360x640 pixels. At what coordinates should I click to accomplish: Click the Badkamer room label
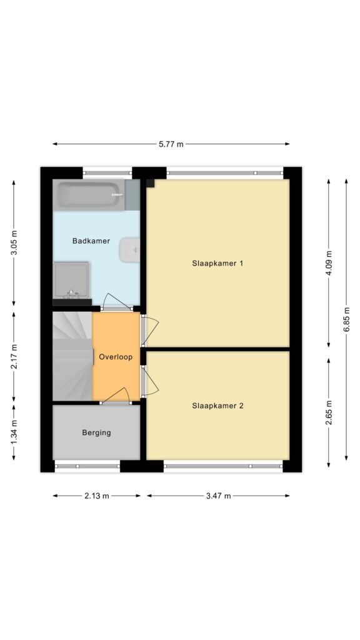[91, 241]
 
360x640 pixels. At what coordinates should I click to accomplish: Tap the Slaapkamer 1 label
[217, 263]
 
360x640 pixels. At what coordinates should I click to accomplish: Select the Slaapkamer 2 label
[217, 406]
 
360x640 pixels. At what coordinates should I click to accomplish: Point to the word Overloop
[116, 357]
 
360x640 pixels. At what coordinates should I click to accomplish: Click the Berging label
[96, 432]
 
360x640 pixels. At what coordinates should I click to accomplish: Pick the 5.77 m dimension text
[171, 144]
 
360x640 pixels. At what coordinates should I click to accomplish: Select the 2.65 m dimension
[329, 412]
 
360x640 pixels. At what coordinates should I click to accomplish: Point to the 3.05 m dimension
[14, 242]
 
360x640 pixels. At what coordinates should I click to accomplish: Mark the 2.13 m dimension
[97, 496]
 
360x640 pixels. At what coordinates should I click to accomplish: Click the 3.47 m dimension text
[218, 496]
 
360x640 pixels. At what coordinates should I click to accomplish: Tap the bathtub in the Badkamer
[89, 195]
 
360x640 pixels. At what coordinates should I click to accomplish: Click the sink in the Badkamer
[130, 249]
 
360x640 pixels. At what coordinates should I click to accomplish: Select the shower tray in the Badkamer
[71, 280]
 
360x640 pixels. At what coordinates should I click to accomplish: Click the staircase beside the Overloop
[72, 356]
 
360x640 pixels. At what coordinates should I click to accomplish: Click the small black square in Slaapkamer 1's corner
[150, 183]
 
